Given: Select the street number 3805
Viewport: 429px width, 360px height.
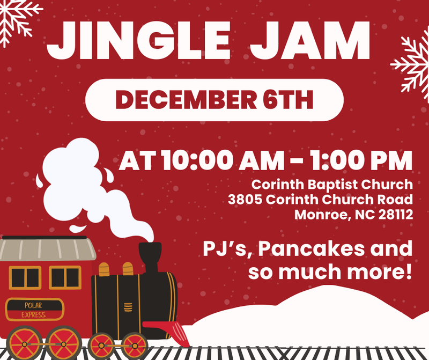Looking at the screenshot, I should tap(245, 200).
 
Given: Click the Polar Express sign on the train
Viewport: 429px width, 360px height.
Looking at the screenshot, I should tap(33, 310).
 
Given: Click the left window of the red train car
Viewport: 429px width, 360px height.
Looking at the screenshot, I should tap(25, 277).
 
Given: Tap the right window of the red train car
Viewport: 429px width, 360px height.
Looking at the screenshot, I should tap(65, 277).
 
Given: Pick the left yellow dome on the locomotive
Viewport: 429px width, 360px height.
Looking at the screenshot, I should tap(104, 269).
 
